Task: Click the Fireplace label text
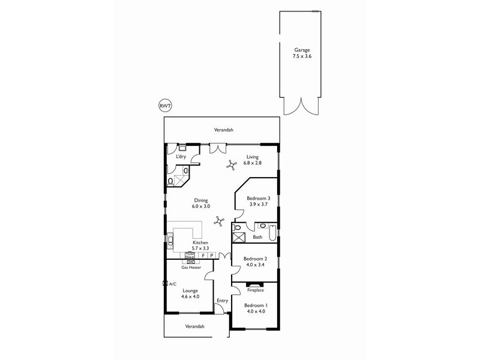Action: pyautogui.click(x=255, y=290)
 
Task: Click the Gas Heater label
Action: pyautogui.click(x=191, y=267)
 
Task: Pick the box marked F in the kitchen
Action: pyautogui.click(x=203, y=256)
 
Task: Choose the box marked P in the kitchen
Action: pyautogui.click(x=212, y=256)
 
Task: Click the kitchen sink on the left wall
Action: pyautogui.click(x=170, y=241)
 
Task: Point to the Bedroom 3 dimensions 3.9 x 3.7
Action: pyautogui.click(x=260, y=205)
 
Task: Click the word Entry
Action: pyautogui.click(x=223, y=301)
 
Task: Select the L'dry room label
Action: pyautogui.click(x=181, y=157)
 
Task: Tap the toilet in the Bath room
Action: pyautogui.click(x=238, y=228)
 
